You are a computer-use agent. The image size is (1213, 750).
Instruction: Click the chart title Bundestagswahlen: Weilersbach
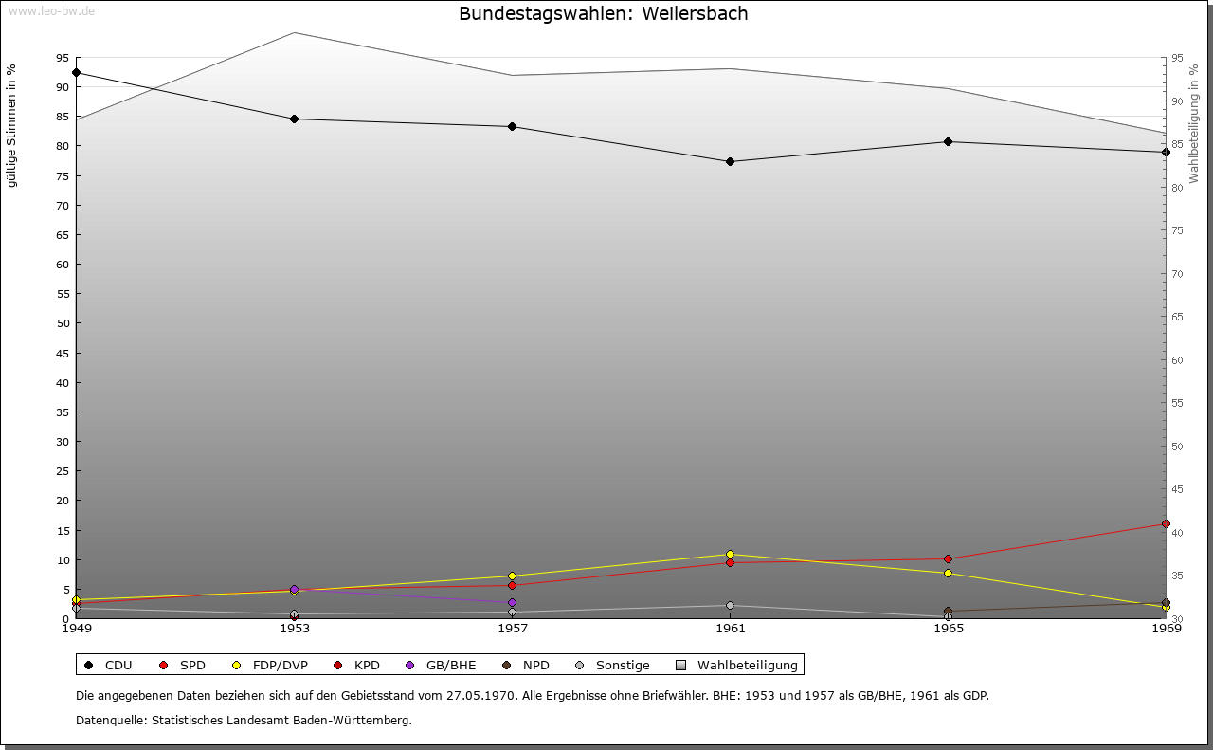(603, 14)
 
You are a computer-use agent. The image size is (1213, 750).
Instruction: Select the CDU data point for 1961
(730, 161)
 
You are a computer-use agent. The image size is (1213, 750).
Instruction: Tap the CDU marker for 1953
(294, 119)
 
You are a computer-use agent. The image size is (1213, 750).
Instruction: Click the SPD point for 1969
(1166, 523)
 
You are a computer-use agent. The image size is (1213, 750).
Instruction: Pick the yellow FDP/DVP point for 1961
(730, 554)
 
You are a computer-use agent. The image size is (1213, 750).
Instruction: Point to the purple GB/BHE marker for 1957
(512, 602)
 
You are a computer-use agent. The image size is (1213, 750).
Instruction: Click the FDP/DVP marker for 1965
(948, 573)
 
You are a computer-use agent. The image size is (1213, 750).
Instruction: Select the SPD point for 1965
(948, 558)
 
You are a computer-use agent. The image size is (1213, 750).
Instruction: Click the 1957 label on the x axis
(512, 628)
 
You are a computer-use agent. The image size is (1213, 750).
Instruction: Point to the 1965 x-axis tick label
(948, 628)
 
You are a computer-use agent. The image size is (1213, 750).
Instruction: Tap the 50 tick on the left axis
(62, 323)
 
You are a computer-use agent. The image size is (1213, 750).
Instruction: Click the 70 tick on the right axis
(1178, 274)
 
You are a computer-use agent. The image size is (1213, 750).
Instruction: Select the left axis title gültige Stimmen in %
(12, 126)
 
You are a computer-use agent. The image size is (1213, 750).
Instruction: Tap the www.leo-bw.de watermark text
(51, 11)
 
